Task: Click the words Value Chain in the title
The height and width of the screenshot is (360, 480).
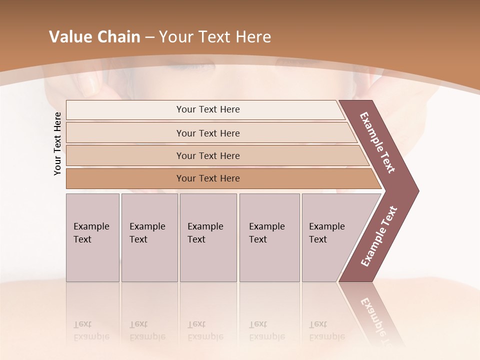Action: (94, 37)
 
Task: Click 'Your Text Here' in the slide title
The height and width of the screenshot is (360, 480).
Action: (215, 37)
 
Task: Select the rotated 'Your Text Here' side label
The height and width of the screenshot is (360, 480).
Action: (57, 143)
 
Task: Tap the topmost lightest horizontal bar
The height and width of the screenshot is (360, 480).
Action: (207, 109)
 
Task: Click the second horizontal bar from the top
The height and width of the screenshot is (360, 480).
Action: (207, 133)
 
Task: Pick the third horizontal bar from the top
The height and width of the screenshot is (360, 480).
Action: (207, 155)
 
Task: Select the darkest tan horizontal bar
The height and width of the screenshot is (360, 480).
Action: (207, 178)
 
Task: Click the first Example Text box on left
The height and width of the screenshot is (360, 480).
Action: (92, 237)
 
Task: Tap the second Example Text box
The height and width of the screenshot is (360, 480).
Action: (149, 237)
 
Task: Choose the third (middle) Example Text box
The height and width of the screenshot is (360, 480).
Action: (208, 237)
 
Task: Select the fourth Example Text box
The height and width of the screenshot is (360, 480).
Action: (269, 237)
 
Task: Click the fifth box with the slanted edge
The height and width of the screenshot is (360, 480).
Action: (330, 237)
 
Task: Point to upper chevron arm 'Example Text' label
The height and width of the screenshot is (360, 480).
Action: (377, 142)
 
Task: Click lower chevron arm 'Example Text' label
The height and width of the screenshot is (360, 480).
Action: (379, 236)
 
